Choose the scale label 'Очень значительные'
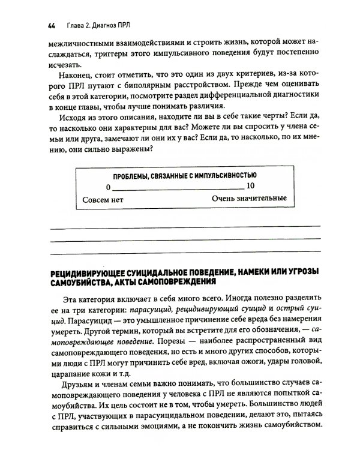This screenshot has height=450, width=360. (248, 198)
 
